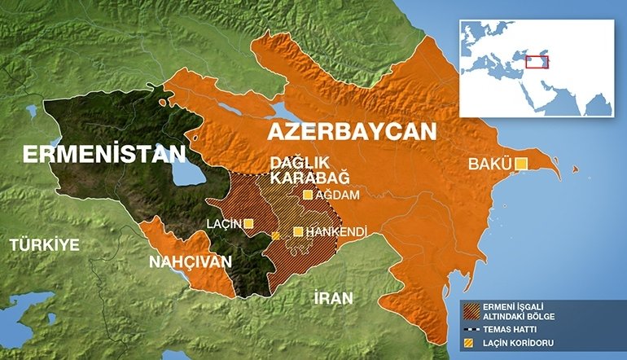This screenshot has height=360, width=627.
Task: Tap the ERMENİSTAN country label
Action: click(x=104, y=154)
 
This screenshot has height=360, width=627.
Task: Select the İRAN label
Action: click(x=333, y=298)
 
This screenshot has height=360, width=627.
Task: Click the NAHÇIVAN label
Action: click(x=190, y=262)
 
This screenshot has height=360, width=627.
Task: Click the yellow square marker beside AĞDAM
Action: click(x=308, y=195)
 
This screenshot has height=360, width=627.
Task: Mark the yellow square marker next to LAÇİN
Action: click(x=248, y=223)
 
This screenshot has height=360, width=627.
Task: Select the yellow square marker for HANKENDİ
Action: click(x=298, y=232)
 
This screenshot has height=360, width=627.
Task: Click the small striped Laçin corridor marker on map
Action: click(x=276, y=235)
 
